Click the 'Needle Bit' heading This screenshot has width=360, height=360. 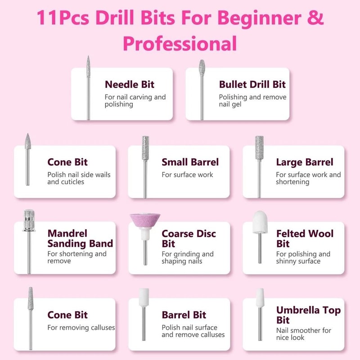point(129,84)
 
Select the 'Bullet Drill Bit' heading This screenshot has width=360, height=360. point(252,84)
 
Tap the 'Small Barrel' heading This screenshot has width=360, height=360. point(190,162)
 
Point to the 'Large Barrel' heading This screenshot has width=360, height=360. point(305,162)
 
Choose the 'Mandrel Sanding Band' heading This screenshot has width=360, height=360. point(80,239)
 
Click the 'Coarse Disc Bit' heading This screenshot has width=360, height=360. point(189,239)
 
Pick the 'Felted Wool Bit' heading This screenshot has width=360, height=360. point(305,239)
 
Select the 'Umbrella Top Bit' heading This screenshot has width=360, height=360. point(308,315)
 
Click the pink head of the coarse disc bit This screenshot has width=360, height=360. point(144,221)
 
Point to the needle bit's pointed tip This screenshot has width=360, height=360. point(88,58)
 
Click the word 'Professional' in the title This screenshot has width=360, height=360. point(180,44)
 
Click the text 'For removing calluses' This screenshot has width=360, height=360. point(81,328)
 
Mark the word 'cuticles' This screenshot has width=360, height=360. point(72,182)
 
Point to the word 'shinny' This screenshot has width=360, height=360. point(287,261)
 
